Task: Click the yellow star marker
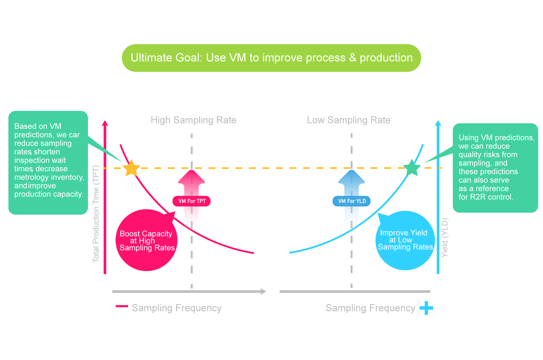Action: click(x=131, y=168)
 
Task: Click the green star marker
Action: click(x=412, y=168)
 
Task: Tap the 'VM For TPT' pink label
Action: click(x=192, y=201)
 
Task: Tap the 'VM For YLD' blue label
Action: click(x=351, y=201)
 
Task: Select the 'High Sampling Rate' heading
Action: click(x=193, y=120)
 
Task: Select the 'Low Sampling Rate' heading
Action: click(x=349, y=120)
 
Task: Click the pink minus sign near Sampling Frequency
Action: click(x=122, y=306)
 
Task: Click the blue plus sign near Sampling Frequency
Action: click(x=426, y=308)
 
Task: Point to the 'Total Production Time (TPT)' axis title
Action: click(x=96, y=214)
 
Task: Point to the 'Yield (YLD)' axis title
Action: click(x=445, y=238)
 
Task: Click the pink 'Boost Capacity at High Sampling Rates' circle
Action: click(x=146, y=241)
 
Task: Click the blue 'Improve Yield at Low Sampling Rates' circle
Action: click(x=405, y=240)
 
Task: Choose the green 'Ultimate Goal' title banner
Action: click(x=271, y=58)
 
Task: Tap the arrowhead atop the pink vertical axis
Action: click(x=105, y=123)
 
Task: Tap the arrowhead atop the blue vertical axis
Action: click(x=438, y=123)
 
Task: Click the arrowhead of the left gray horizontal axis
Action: click(x=263, y=292)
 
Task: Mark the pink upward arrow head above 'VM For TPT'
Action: click(x=192, y=177)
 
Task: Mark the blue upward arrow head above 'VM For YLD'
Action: click(x=351, y=177)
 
